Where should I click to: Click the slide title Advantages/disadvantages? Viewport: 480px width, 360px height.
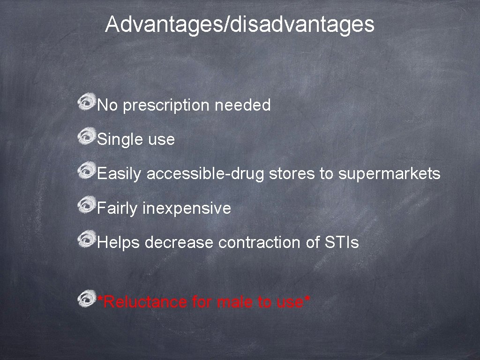click(x=240, y=24)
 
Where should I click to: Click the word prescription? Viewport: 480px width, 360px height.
click(x=166, y=105)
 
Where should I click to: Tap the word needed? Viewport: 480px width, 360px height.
click(x=242, y=105)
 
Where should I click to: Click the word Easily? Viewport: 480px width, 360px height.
click(x=119, y=174)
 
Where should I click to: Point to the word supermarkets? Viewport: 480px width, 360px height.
click(x=389, y=174)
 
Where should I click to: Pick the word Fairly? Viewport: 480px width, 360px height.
click(x=117, y=208)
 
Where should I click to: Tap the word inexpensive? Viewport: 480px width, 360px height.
click(x=187, y=208)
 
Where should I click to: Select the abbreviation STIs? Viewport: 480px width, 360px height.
click(x=341, y=243)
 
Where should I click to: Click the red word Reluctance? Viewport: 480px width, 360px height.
click(x=145, y=302)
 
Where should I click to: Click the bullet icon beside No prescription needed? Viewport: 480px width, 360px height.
click(x=87, y=103)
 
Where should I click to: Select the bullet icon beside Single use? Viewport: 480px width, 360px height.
click(x=87, y=137)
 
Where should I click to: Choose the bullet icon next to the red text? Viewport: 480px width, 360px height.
click(x=87, y=299)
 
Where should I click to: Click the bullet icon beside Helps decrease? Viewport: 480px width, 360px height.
click(x=87, y=240)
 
